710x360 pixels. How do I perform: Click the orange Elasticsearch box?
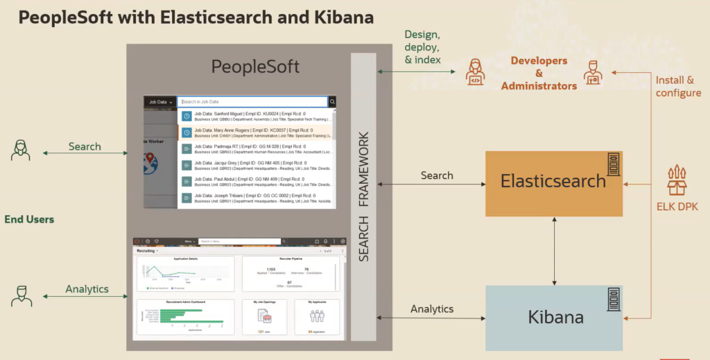(553, 182)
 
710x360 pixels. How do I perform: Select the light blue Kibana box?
(553, 318)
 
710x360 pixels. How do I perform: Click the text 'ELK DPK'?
(677, 207)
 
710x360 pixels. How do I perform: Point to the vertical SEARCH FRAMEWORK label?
(363, 196)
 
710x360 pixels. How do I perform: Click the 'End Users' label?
(29, 219)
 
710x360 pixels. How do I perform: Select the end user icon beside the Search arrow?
(21, 149)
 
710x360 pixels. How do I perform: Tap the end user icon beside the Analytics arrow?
(21, 295)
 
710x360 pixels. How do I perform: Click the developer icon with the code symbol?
(476, 72)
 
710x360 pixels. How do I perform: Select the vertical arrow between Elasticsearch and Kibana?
(554, 250)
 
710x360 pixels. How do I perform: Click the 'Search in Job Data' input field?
(252, 101)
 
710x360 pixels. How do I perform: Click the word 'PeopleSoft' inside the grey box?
(255, 67)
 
